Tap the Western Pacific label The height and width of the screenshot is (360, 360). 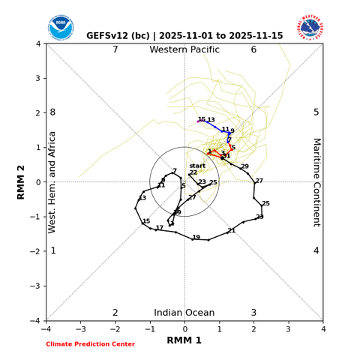coord(184,50)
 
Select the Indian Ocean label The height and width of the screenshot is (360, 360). coord(184,312)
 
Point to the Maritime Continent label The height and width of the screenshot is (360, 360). coord(316,181)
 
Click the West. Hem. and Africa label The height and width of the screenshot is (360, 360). coord(52,181)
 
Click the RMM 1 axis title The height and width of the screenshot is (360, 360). coord(184,340)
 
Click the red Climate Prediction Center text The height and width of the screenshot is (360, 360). coord(90,344)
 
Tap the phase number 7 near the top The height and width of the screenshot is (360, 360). coord(115,50)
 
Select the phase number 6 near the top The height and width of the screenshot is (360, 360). coord(253,50)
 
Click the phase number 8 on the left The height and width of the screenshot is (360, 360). coord(52,112)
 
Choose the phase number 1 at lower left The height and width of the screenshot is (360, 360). coord(52,250)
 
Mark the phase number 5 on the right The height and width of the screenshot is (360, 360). coord(316,112)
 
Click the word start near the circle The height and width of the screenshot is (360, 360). coord(197,166)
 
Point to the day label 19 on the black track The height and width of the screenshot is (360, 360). coord(196,238)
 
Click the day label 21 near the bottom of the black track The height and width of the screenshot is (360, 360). coord(231,230)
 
